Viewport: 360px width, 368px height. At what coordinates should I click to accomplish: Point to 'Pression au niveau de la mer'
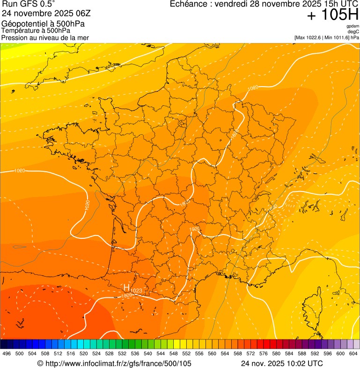(45, 37)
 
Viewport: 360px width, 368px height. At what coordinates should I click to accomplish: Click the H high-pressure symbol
(126, 287)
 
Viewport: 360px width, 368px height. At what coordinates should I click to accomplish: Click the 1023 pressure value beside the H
(136, 291)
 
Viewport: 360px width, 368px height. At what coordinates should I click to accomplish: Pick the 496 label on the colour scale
(7, 353)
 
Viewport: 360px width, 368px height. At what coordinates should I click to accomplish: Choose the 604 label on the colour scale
(353, 353)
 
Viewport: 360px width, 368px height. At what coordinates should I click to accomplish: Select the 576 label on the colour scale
(264, 353)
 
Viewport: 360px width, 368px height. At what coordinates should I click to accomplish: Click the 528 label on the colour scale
(110, 353)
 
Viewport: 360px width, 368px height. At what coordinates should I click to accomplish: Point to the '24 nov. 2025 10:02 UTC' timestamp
(282, 363)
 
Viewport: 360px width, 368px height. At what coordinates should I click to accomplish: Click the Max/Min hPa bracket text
(326, 37)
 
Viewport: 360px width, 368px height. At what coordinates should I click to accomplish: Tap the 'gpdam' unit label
(353, 26)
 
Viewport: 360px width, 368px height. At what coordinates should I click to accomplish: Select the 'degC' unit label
(354, 31)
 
